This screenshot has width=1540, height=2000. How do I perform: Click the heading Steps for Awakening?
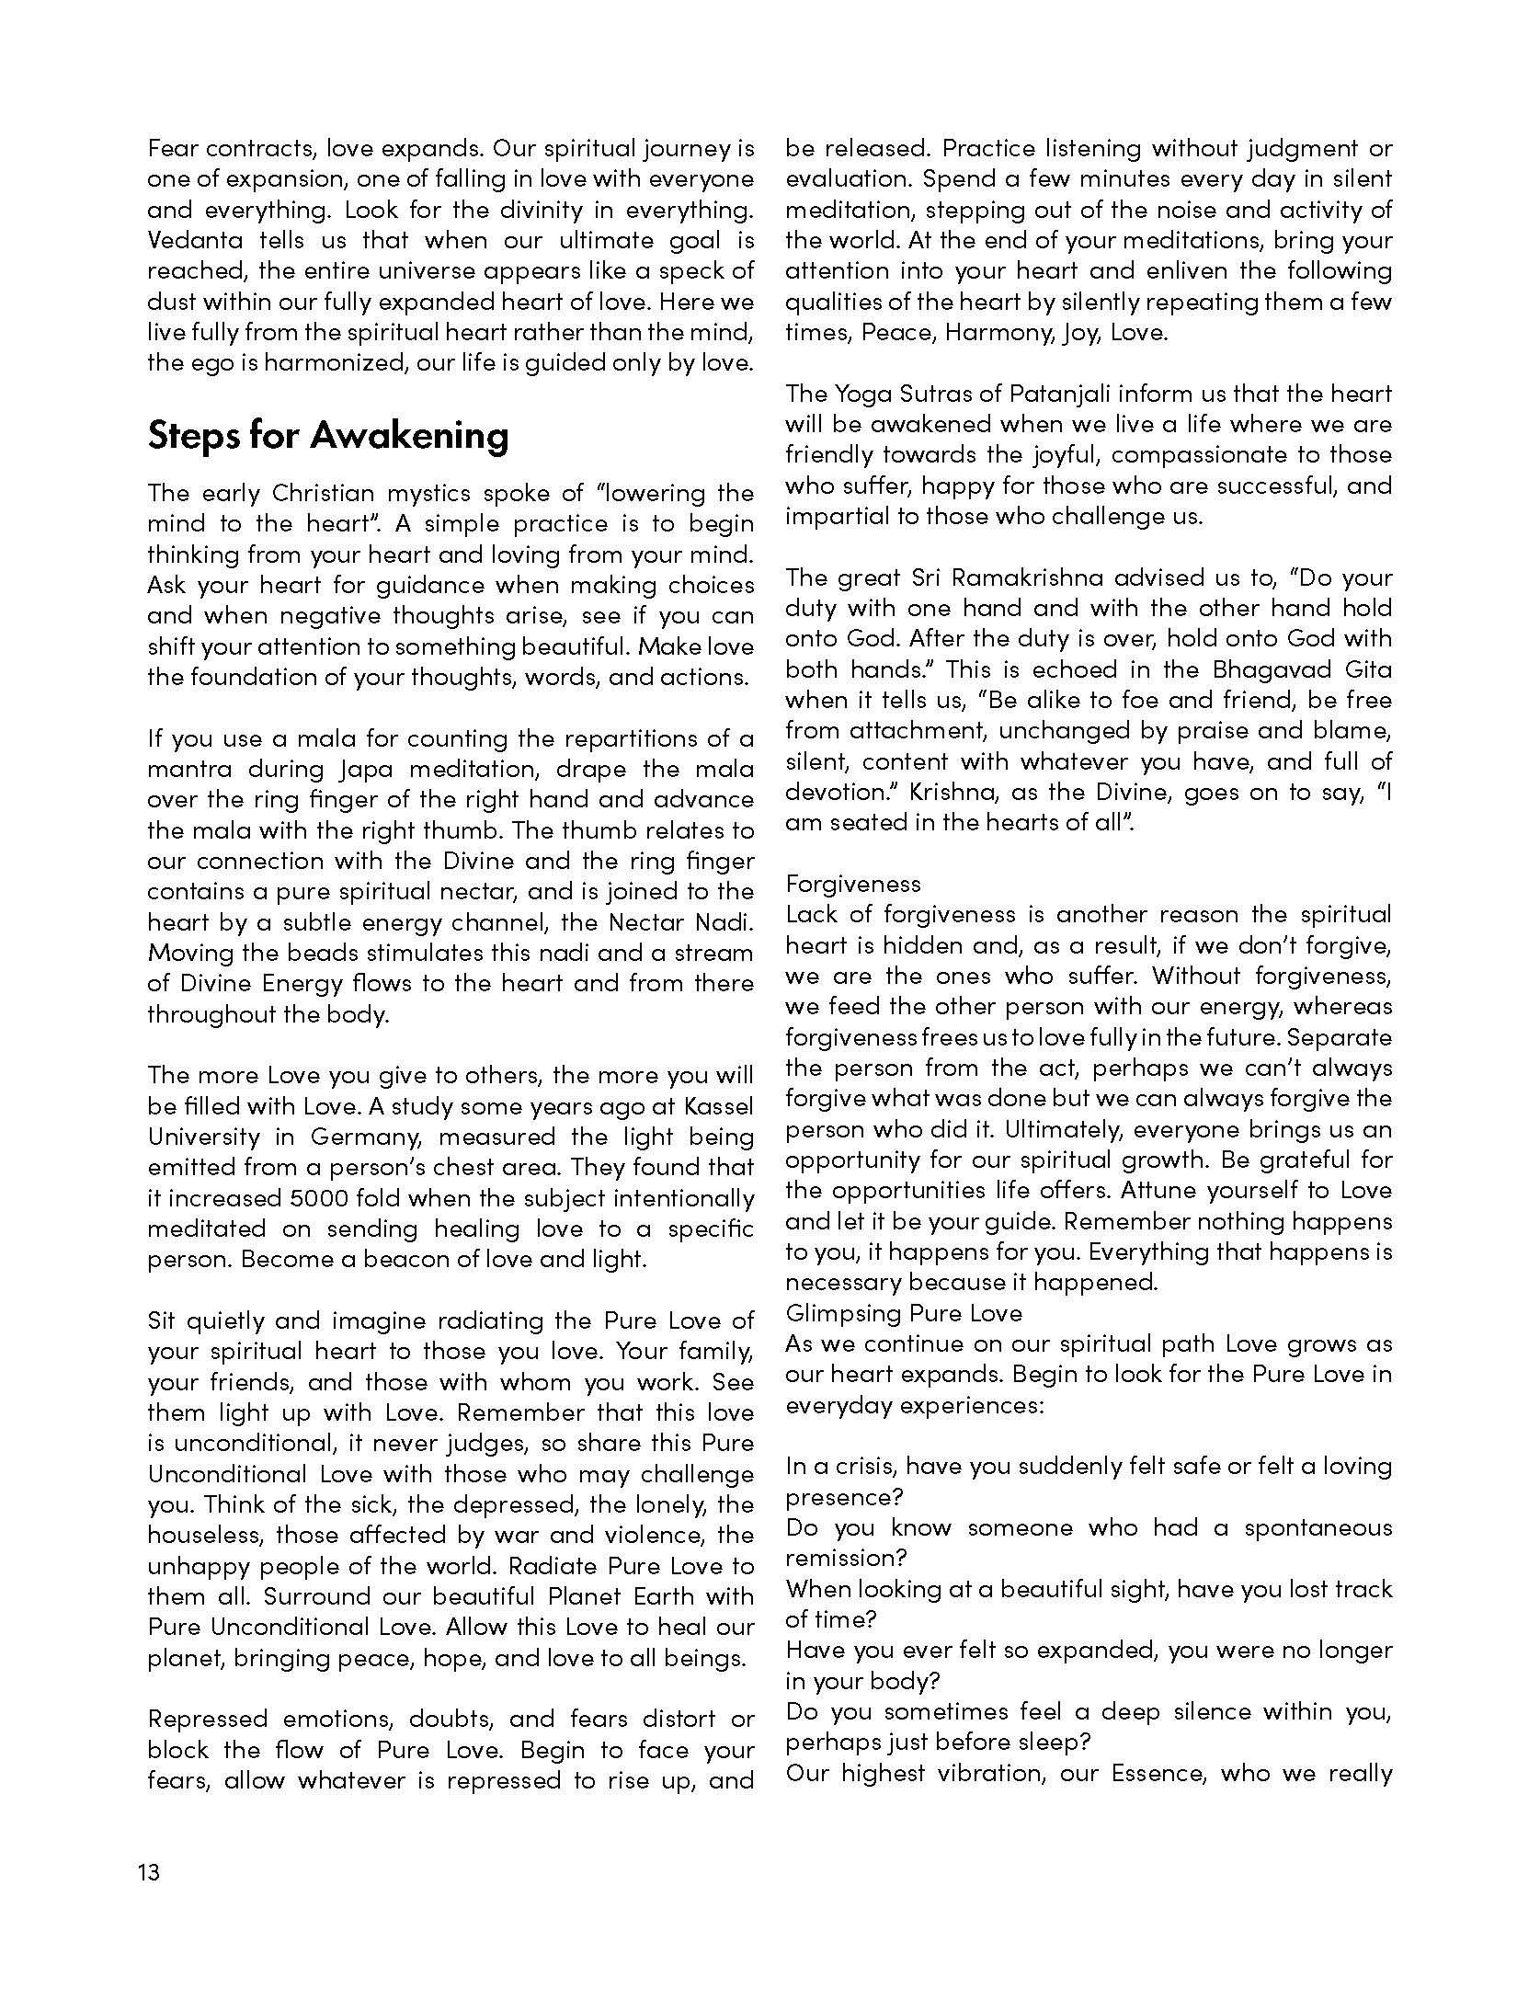pyautogui.click(x=327, y=435)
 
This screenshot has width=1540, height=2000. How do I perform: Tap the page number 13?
pyautogui.click(x=149, y=1872)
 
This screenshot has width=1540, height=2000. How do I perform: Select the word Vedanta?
pyautogui.click(x=196, y=241)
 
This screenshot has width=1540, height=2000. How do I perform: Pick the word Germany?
pyautogui.click(x=366, y=1137)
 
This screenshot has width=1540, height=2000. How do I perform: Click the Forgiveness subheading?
pyautogui.click(x=852, y=884)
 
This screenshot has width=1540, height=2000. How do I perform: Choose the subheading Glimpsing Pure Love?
pyautogui.click(x=904, y=1313)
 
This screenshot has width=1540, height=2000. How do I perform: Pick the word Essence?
pyautogui.click(x=1158, y=1773)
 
